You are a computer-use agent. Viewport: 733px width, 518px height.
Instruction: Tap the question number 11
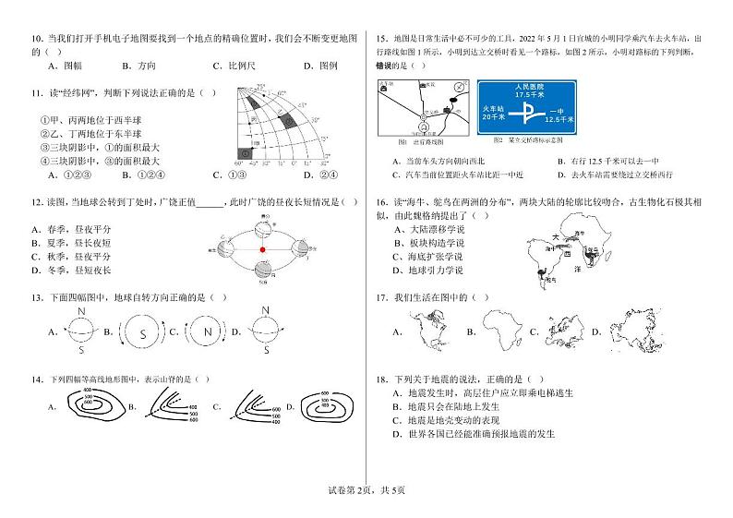click(38, 93)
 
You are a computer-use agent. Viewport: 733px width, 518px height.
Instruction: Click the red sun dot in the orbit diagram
click(262, 249)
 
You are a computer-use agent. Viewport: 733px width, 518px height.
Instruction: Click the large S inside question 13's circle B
click(142, 331)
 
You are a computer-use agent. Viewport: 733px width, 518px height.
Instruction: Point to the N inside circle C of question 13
click(207, 331)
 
